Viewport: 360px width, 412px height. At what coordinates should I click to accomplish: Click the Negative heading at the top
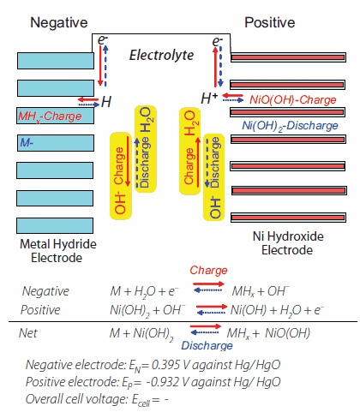point(60,21)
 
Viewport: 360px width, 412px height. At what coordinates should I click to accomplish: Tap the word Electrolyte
point(163,56)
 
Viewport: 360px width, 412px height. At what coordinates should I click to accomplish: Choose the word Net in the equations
point(31,333)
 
